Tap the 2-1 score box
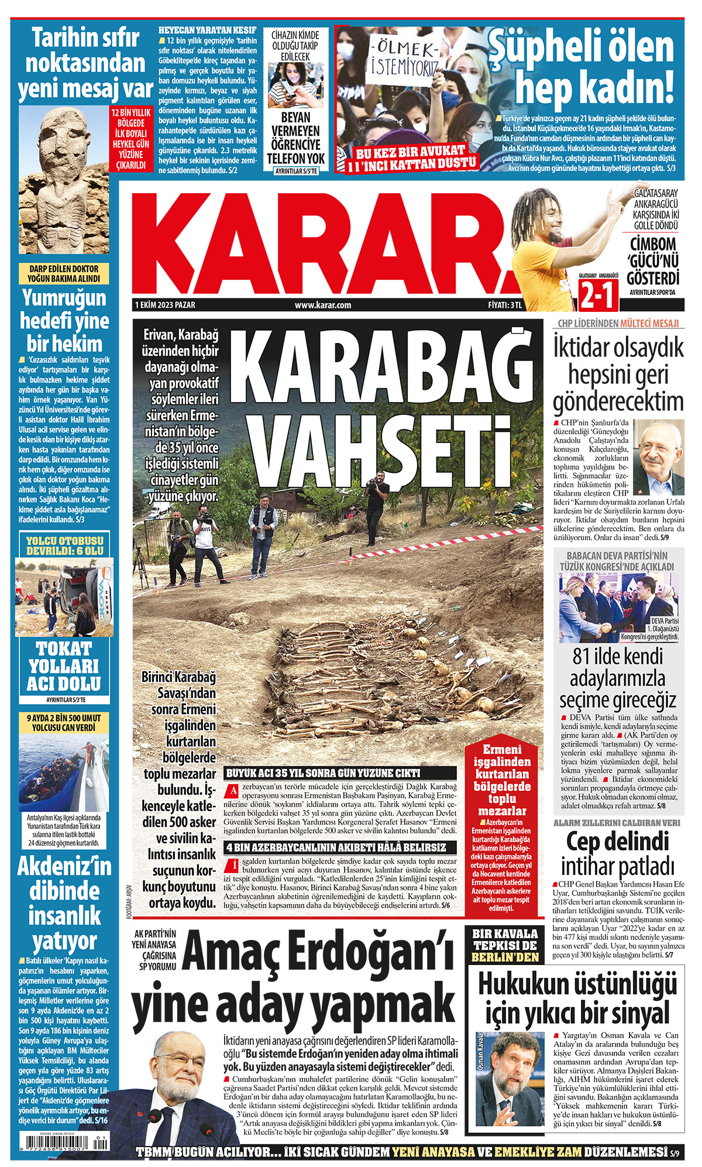(x=598, y=294)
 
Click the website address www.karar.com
(x=322, y=305)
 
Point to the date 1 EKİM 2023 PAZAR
(x=166, y=305)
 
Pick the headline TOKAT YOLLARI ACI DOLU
(x=64, y=666)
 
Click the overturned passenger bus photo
(x=64, y=596)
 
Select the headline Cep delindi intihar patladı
(x=618, y=854)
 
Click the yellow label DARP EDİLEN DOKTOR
(x=64, y=273)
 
